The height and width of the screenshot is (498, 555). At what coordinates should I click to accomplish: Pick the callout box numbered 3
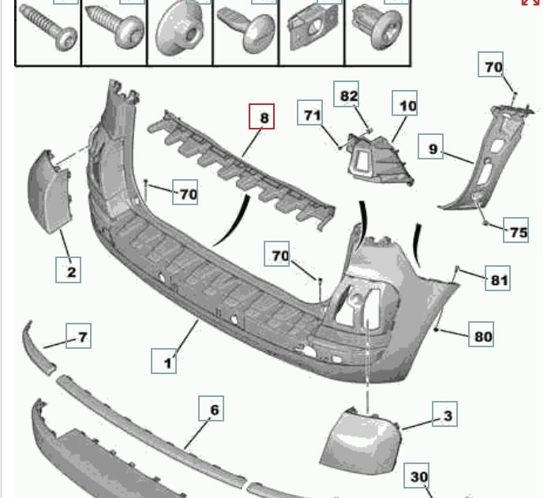(447, 414)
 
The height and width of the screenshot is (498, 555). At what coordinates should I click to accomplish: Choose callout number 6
(213, 410)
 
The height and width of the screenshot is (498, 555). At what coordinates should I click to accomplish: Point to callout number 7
(81, 337)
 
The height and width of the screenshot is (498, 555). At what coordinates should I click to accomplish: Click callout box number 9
(432, 147)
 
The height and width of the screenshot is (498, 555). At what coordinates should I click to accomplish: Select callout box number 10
(407, 105)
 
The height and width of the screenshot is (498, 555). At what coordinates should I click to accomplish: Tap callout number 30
(419, 477)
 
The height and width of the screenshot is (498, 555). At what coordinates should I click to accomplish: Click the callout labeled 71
(312, 115)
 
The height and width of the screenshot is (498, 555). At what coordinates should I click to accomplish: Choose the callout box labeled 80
(482, 335)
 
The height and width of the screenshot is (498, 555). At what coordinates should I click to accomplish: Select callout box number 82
(348, 96)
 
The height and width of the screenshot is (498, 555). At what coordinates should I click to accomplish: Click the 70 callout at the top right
(493, 67)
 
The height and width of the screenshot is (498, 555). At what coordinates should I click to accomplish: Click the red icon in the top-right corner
(531, 2)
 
